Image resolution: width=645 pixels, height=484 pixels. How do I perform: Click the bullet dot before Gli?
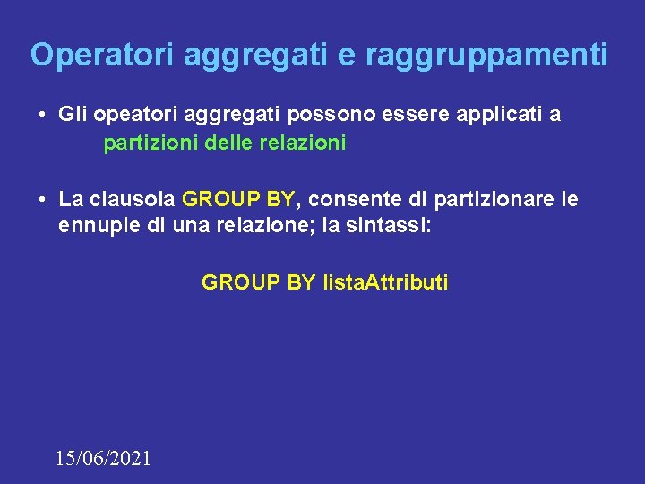coord(43,116)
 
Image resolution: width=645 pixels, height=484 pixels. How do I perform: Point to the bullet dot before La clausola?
coord(43,200)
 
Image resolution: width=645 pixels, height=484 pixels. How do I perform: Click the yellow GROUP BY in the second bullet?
coord(237,199)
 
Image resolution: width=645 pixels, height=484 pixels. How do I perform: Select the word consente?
coord(344,199)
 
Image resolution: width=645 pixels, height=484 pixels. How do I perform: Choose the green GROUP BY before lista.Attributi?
coord(258,283)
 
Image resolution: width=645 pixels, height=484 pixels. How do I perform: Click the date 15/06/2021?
coord(103,458)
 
